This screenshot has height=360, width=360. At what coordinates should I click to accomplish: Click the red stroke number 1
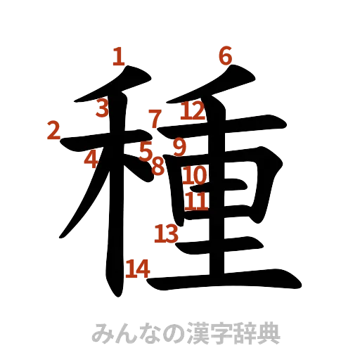coord(120,56)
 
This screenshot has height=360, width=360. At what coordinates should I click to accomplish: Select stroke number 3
coord(103,108)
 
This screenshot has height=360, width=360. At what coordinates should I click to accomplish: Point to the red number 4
coord(91,159)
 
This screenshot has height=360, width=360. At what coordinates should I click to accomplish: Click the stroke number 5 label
coord(145,150)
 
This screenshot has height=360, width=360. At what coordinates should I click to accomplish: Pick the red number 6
coord(225,54)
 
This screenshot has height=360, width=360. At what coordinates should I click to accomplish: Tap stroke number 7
coord(155,117)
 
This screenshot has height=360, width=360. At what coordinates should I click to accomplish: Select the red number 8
coord(158,166)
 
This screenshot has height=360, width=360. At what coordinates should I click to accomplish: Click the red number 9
coord(180,147)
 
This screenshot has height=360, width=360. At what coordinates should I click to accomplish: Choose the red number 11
coord(197,202)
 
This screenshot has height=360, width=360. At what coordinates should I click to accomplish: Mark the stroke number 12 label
coord(192,110)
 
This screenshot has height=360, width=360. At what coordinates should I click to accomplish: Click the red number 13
coord(166,233)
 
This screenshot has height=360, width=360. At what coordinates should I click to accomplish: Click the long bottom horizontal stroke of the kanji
coord(225,281)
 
